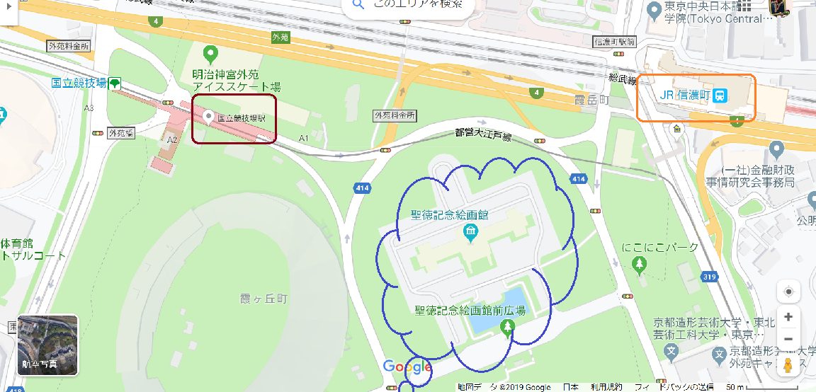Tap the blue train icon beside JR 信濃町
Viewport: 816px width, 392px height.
tap(720, 96)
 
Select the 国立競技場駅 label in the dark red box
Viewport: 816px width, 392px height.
tap(241, 118)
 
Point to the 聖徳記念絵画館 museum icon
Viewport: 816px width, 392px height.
tap(470, 232)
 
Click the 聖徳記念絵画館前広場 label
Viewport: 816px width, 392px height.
tap(470, 310)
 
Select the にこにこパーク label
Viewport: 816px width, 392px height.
tap(659, 248)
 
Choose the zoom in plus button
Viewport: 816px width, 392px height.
tap(788, 316)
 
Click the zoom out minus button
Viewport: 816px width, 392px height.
tap(788, 339)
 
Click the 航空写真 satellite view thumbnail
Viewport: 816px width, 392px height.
tap(47, 345)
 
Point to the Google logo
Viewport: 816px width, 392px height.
tap(407, 367)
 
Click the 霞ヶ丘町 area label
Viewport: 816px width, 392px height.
tap(263, 299)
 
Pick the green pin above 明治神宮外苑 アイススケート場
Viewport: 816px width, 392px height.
tap(210, 53)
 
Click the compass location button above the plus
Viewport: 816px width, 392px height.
tap(788, 291)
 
